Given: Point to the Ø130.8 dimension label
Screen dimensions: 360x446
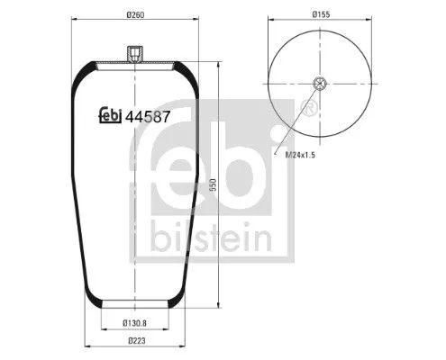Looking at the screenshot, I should pos(135,323).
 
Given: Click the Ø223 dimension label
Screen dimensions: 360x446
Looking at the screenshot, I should pos(135,340).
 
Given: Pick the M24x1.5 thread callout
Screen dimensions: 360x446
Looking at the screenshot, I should pos(301,155).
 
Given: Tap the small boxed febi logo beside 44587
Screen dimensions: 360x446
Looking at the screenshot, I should pos(109,116).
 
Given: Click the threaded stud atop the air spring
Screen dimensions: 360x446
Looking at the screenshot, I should pos(133,56).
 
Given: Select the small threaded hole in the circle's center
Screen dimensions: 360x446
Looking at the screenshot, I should pos(319,85).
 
